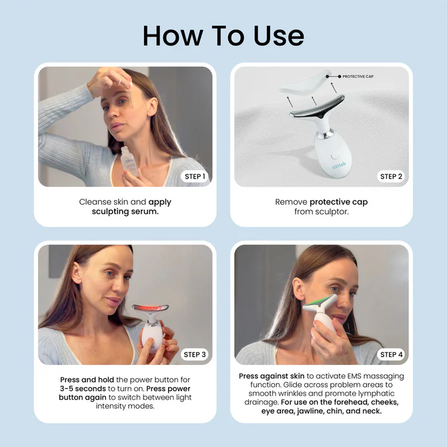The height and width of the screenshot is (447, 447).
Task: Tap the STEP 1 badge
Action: [195, 176]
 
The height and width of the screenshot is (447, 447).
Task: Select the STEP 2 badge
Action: [391, 176]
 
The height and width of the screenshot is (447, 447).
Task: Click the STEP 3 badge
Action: [195, 354]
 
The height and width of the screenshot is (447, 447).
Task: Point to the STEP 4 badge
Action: [391, 354]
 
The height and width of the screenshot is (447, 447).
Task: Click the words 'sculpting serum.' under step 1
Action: [124, 211]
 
